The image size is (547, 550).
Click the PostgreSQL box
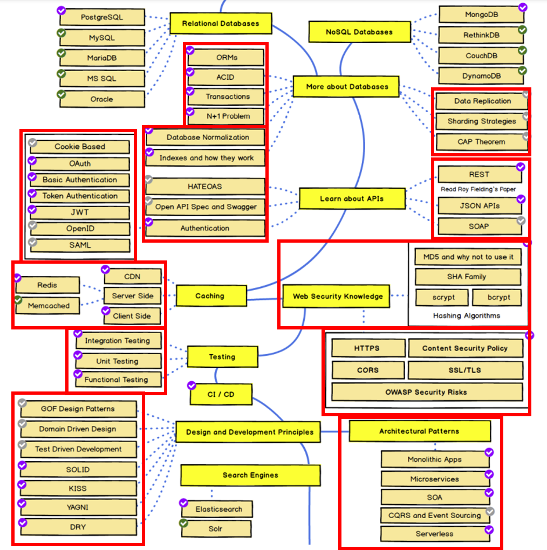click(x=102, y=17)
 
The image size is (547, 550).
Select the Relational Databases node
click(x=221, y=24)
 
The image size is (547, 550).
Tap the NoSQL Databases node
click(x=359, y=32)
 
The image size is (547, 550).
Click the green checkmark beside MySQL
click(x=61, y=33)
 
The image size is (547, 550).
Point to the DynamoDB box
click(x=481, y=76)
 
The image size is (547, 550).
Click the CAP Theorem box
click(x=481, y=142)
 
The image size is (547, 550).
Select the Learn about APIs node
click(x=352, y=198)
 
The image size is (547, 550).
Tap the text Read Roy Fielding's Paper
click(x=478, y=189)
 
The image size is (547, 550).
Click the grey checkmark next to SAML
click(x=32, y=242)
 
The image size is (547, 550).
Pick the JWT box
click(x=80, y=212)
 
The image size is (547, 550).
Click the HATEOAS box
click(x=205, y=186)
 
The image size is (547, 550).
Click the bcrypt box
click(x=497, y=297)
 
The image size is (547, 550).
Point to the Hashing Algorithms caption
click(x=467, y=315)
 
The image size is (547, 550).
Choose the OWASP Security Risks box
click(x=427, y=392)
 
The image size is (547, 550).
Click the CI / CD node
click(x=221, y=394)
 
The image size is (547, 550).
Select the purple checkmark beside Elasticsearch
click(x=183, y=503)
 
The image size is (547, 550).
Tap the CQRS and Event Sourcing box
click(x=435, y=515)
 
